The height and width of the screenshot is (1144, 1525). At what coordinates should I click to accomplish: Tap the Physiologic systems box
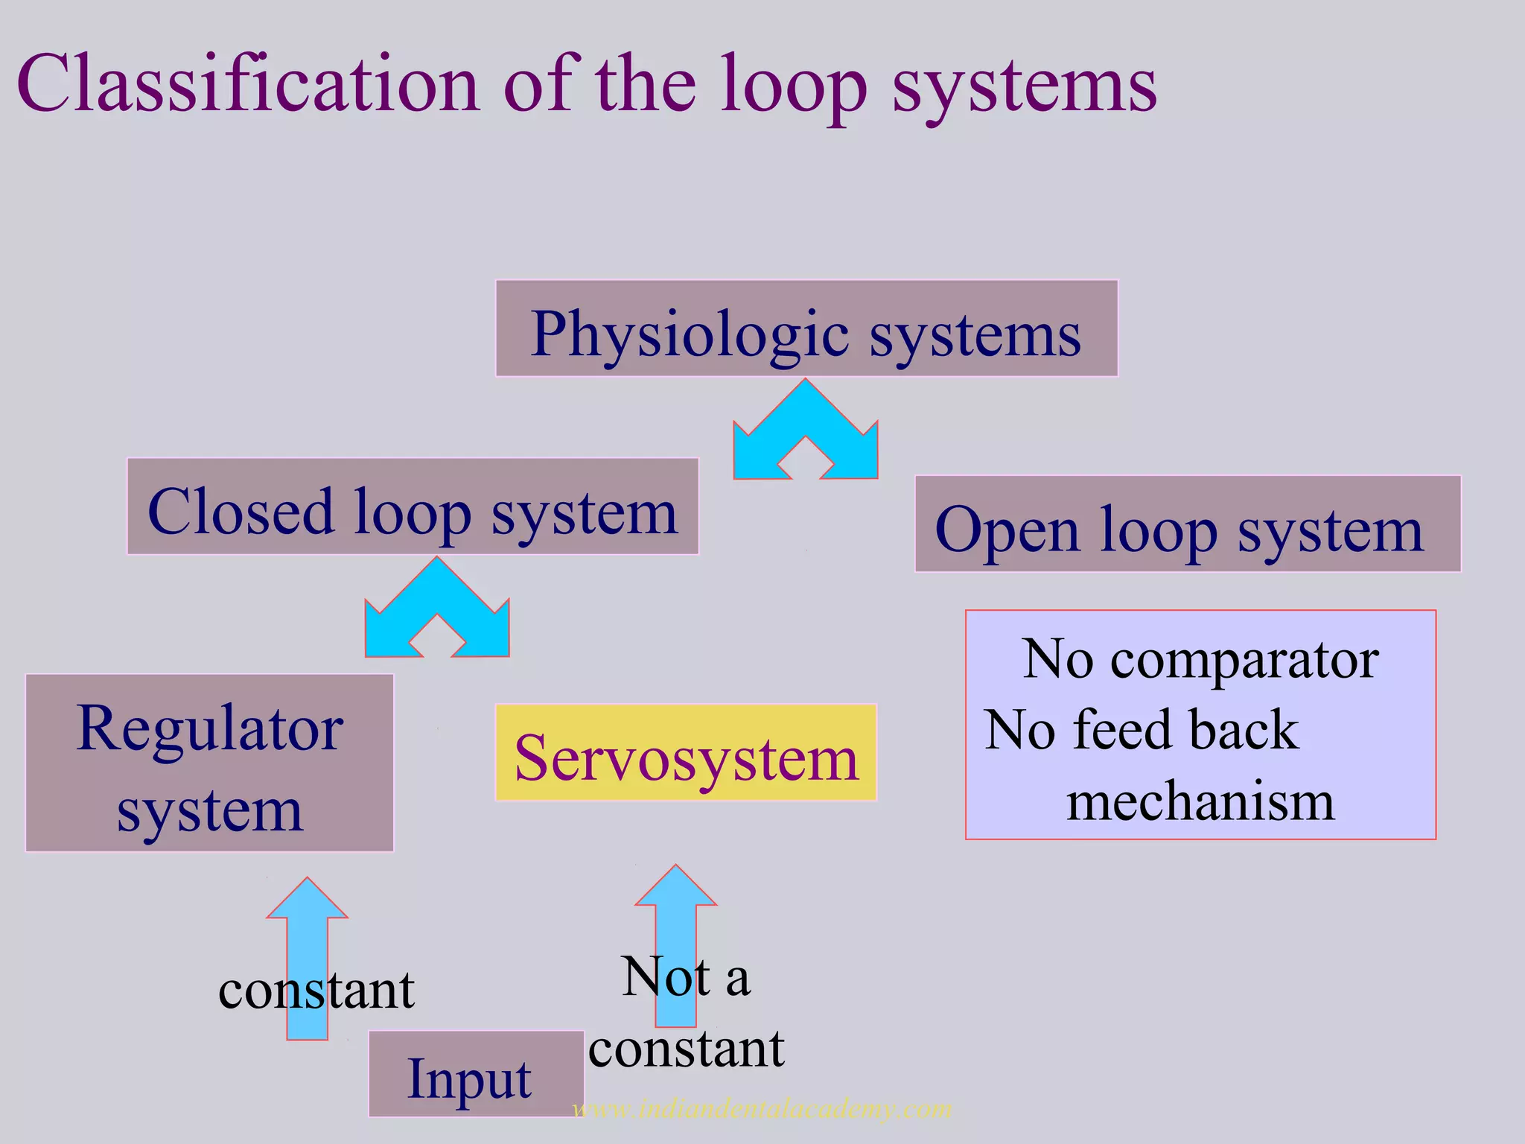806,328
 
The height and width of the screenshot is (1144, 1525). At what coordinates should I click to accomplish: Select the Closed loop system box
413,506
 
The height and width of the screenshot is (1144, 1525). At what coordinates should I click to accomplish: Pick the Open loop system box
1187,524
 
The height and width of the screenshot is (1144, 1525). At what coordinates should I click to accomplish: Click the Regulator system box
209,763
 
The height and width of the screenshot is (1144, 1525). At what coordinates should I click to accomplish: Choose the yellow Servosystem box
686,752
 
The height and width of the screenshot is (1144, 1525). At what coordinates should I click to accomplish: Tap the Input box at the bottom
476,1073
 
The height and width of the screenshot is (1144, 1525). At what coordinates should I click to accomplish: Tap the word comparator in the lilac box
1244,659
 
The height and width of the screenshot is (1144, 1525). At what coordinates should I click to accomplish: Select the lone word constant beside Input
316,991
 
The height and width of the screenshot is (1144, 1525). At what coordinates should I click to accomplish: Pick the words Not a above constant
686,976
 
